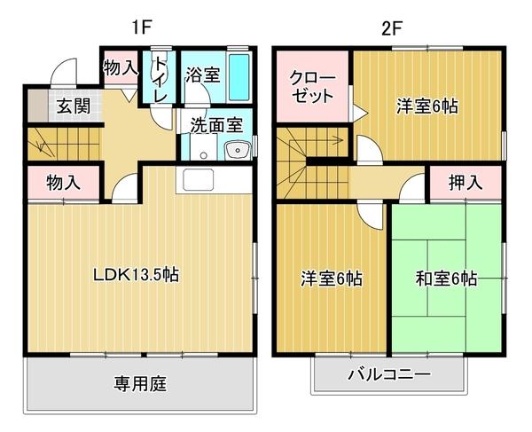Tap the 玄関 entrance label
click(x=74, y=106)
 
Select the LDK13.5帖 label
click(x=137, y=274)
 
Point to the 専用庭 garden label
click(x=140, y=383)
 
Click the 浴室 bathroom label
click(x=202, y=75)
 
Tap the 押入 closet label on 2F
click(x=465, y=183)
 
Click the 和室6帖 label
click(x=445, y=279)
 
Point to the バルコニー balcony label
click(x=387, y=374)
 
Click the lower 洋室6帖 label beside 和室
click(x=330, y=279)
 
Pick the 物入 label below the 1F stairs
click(x=63, y=184)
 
